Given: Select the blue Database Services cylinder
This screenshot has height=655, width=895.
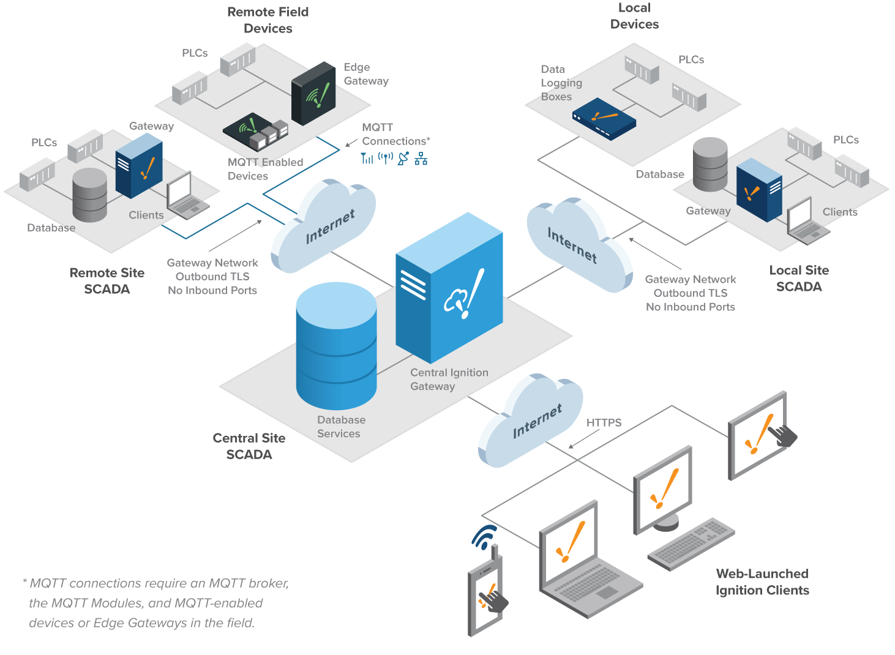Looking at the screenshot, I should pyautogui.click(x=336, y=346).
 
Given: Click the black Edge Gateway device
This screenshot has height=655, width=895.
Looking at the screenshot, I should pyautogui.click(x=313, y=93).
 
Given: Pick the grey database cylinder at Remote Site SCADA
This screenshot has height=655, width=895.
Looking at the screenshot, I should pyautogui.click(x=89, y=195).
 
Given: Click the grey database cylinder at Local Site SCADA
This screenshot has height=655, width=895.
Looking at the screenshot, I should pyautogui.click(x=710, y=165).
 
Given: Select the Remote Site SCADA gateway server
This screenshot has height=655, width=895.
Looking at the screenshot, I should pyautogui.click(x=139, y=166).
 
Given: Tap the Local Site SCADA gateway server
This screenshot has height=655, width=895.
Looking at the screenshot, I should pyautogui.click(x=759, y=189).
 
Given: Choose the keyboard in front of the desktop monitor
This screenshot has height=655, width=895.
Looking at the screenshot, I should pyautogui.click(x=691, y=544).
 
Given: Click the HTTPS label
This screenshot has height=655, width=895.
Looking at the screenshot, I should pyautogui.click(x=604, y=423).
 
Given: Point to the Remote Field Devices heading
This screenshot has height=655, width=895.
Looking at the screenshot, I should pyautogui.click(x=268, y=20).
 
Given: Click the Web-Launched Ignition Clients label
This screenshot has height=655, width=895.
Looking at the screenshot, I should pyautogui.click(x=762, y=582).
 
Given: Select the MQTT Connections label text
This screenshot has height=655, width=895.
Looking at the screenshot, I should pyautogui.click(x=395, y=134).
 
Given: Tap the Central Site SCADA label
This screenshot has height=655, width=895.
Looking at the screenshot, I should pyautogui.click(x=249, y=446).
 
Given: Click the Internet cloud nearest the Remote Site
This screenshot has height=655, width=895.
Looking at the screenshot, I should pyautogui.click(x=324, y=226).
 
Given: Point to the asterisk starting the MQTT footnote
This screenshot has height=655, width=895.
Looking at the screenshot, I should pyautogui.click(x=24, y=582).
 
